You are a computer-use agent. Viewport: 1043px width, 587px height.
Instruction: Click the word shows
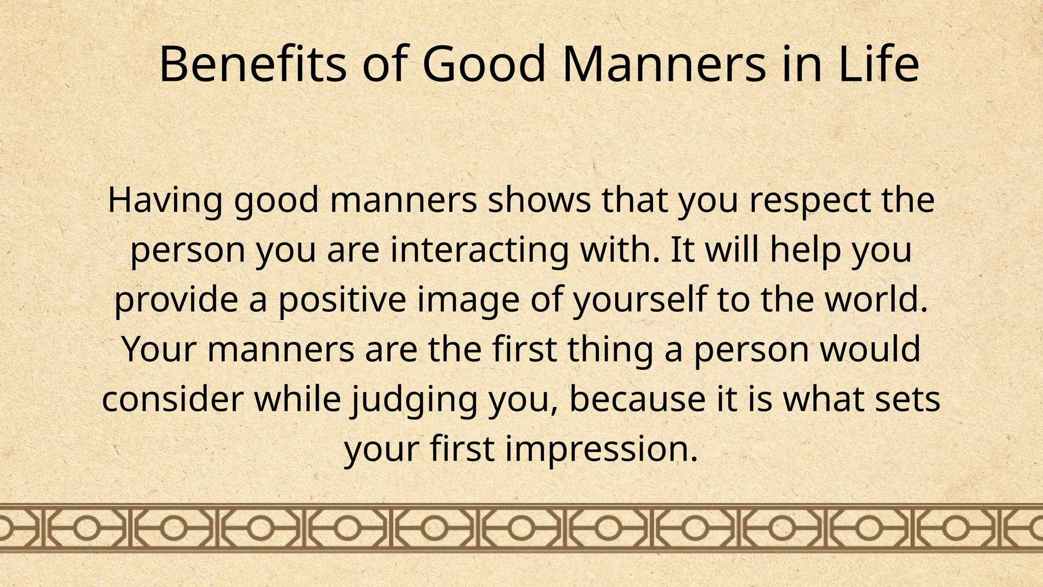[x=539, y=200]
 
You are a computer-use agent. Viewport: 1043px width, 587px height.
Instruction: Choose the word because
[x=629, y=399]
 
